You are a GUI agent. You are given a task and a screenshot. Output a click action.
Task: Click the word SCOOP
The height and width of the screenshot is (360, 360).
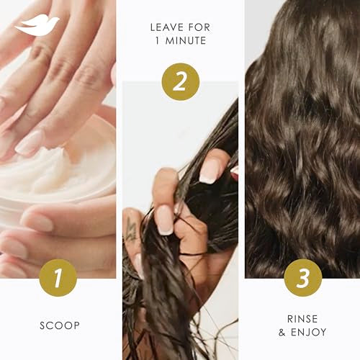pos(58,325)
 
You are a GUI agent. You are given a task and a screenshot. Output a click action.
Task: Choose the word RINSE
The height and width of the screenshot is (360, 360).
pos(302,318)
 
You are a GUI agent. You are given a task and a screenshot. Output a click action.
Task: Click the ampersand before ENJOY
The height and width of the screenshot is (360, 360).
pos(282,332)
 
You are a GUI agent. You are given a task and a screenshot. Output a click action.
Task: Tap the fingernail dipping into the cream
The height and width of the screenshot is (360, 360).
pos(30,142)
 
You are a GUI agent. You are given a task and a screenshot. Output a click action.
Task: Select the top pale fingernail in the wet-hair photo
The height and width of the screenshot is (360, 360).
pos(210,169)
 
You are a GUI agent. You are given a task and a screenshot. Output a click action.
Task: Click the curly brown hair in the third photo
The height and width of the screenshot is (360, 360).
pos(302,144)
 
